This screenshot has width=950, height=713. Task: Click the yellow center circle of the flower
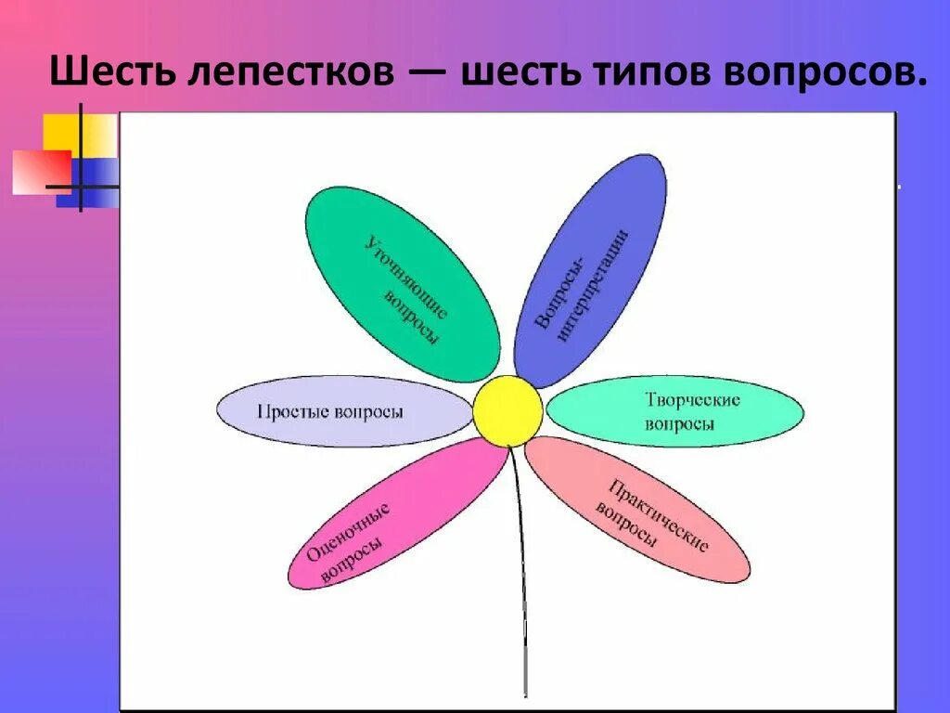(507, 410)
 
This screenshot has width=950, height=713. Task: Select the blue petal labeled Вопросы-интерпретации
(590, 269)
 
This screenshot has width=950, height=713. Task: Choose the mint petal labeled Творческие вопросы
(674, 411)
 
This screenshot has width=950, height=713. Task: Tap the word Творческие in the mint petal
(692, 400)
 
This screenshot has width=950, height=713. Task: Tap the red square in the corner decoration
(39, 172)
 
